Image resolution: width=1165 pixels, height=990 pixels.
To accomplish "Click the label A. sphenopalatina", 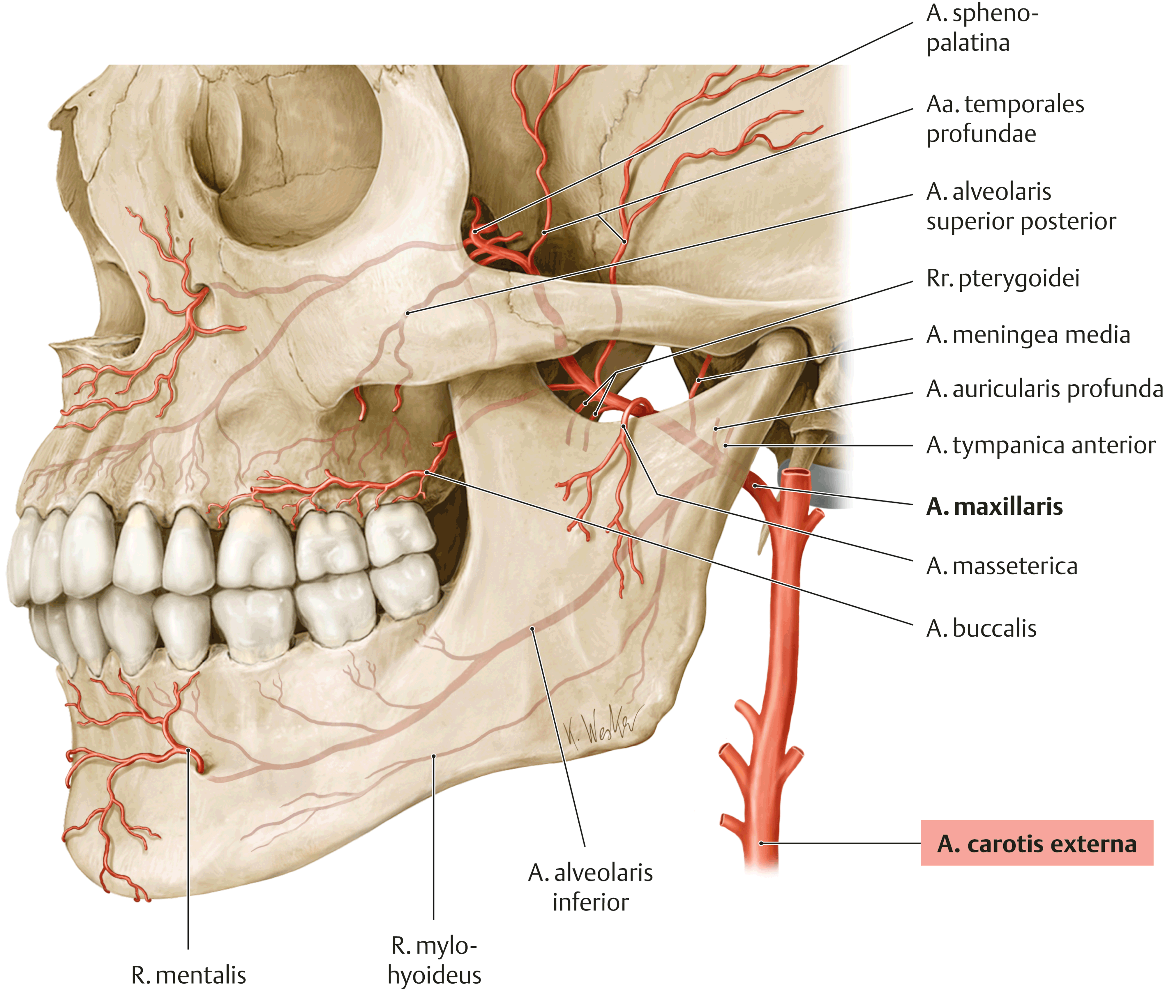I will [x=982, y=28].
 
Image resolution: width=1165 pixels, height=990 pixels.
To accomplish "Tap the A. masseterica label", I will [x=1001, y=566].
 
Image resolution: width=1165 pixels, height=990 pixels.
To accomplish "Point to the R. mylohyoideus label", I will [x=434, y=960].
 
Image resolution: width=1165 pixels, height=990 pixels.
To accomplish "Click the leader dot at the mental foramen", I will [x=188, y=750].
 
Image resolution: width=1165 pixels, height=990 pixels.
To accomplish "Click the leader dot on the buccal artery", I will [x=427, y=472].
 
